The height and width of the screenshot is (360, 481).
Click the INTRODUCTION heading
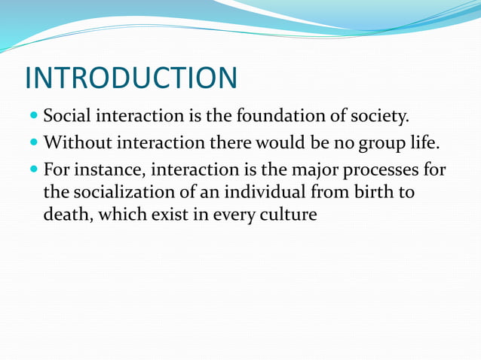(130, 78)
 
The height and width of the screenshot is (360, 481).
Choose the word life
(421, 142)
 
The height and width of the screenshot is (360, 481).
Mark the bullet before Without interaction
(35, 143)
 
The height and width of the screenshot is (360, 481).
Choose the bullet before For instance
(35, 168)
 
